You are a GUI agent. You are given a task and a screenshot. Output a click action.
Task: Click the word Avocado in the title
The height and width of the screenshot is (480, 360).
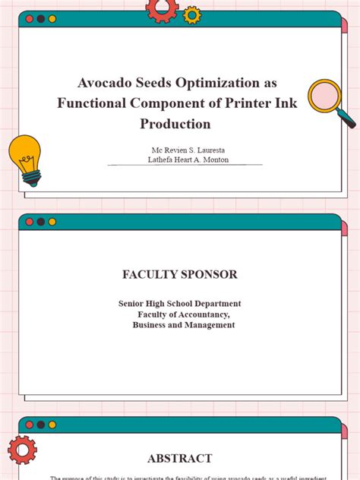102,83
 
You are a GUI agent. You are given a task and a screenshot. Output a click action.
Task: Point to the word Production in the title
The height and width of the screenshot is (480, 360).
175,124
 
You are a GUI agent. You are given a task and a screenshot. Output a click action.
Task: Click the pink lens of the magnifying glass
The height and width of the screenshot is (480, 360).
324,96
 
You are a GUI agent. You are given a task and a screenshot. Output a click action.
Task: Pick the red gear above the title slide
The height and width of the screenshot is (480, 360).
162,8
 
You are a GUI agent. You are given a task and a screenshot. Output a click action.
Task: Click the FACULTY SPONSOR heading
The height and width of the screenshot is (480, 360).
180,274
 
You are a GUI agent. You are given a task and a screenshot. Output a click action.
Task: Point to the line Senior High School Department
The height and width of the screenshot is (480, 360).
180,304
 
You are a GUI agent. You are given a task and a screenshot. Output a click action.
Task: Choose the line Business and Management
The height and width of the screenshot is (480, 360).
184,325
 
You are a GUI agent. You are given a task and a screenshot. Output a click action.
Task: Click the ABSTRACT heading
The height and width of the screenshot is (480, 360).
180,458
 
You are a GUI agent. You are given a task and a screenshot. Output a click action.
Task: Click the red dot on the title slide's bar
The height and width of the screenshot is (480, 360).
29,19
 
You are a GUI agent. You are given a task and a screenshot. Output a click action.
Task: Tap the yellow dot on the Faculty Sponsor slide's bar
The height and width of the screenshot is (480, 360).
52,222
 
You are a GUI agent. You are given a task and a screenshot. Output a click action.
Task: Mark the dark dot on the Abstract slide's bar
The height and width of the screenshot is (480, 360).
40,425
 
